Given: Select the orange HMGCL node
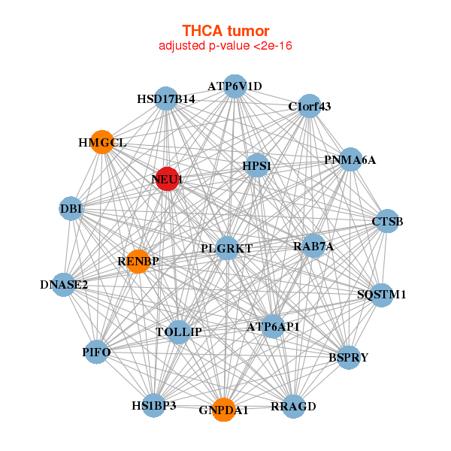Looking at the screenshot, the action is [102, 141].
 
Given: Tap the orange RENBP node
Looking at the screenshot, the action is [138, 261].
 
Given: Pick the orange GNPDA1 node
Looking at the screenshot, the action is [223, 410].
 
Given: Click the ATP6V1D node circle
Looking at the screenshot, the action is [235, 86].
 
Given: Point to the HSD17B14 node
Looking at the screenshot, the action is [166, 99].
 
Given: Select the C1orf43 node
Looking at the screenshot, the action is [309, 106].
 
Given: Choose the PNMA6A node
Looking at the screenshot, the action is [350, 160].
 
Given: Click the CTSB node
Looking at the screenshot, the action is [387, 221].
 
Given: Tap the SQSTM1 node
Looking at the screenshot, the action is [381, 294].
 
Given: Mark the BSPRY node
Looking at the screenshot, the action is [348, 357].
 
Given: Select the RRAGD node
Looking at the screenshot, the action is [293, 406].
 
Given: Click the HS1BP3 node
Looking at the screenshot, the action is [153, 405].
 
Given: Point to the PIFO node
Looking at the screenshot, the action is [97, 351].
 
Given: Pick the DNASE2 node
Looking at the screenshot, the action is [65, 284].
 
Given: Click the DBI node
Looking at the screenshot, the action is [71, 208].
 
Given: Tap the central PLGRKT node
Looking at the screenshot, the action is [227, 248].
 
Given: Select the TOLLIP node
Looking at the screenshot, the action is [179, 331].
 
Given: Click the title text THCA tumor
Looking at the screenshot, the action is [225, 31].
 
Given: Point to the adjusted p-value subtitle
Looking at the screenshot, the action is [225, 46].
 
